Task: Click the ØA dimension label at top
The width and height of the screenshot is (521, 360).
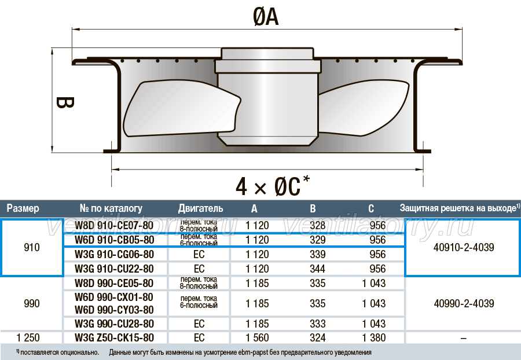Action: pos(266,17)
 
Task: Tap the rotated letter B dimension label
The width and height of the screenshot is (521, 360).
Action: pos(64,102)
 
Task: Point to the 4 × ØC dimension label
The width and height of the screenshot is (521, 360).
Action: pos(273,186)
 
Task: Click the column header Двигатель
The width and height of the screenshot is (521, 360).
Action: pos(200,208)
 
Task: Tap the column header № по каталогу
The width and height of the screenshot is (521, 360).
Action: pos(111,208)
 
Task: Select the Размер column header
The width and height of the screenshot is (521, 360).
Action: pos(23,208)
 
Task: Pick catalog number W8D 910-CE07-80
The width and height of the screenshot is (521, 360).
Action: pos(114,226)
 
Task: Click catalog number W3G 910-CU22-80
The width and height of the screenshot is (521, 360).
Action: pos(114,269)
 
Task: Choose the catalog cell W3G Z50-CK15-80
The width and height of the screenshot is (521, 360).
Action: pos(114,338)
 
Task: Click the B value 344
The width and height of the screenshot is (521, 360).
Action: pos(318,269)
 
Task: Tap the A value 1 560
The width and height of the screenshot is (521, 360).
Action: pos(257,338)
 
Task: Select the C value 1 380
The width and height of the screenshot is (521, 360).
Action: pos(374,338)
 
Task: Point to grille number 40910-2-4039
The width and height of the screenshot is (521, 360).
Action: pos(464,247)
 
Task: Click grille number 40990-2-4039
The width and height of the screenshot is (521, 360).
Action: pos(464,303)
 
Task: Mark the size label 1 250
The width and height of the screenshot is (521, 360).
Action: pos(28,338)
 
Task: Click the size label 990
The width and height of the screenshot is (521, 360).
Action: pos(32,303)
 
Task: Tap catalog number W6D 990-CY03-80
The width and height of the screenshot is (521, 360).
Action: pos(114,310)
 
